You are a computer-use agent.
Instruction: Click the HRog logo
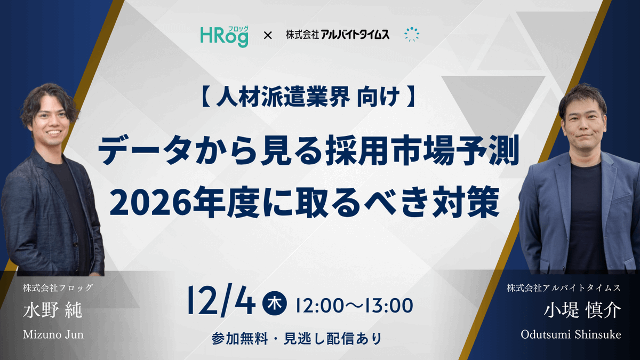pos(224,35)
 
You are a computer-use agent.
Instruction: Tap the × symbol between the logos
pos(268,36)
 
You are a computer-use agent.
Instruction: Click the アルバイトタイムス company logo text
pos(337,35)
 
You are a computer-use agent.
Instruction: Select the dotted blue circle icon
pos(412,35)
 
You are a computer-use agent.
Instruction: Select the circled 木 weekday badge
pos(276,305)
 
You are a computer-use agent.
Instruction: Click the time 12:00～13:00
pos(354,306)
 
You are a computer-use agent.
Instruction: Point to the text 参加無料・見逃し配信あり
pos(297,339)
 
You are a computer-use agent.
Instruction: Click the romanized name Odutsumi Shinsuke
pos(571,335)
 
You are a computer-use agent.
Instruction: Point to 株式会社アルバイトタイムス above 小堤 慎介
pos(564,288)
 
